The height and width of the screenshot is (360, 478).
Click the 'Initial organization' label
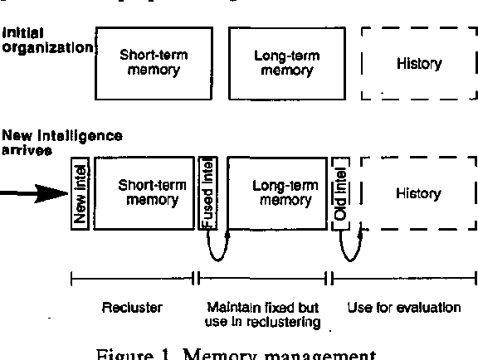46,41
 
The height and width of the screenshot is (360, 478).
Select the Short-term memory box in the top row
154,63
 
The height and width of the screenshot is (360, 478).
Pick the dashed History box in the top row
418,63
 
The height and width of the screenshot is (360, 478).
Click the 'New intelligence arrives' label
62,140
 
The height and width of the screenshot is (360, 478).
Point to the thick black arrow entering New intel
33,194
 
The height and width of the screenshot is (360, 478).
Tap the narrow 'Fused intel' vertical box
209,192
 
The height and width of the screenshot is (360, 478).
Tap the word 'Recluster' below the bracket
132,308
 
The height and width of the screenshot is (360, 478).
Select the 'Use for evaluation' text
404,308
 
